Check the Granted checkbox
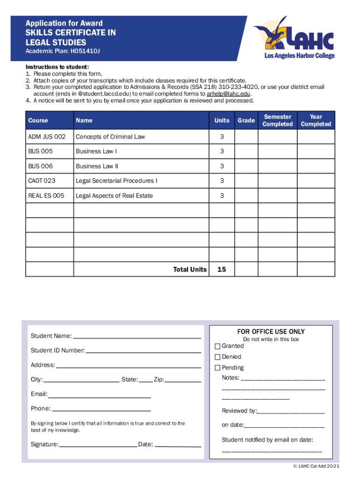[217, 346]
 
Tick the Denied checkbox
[217, 357]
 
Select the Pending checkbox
[217, 368]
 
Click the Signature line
[98, 444]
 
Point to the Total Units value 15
[222, 269]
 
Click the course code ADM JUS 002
[47, 137]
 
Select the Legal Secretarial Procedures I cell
[116, 181]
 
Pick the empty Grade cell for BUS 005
[246, 152]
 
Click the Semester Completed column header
[277, 120]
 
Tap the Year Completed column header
[316, 120]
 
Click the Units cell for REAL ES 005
[222, 196]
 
